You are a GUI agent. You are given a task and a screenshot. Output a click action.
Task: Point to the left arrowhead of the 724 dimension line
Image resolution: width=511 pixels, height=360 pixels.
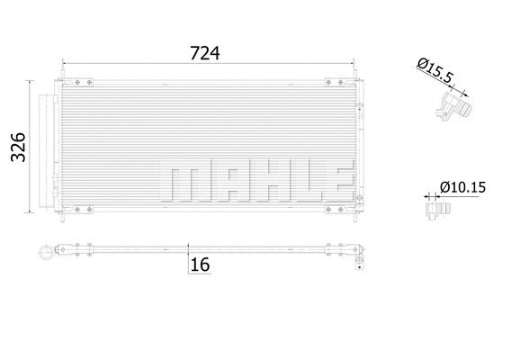(65, 64)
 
